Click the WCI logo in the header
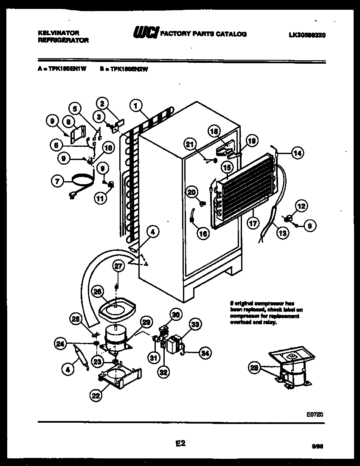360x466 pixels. click(146, 34)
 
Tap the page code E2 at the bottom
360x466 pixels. click(180, 444)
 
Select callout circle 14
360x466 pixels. click(297, 153)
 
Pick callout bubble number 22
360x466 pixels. click(96, 395)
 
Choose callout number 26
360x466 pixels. click(97, 292)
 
